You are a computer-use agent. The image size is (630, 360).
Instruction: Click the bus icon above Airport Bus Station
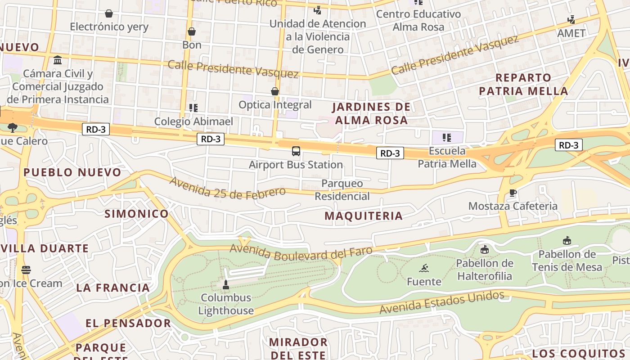(296, 151)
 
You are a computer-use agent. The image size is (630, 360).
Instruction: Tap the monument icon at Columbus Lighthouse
(226, 284)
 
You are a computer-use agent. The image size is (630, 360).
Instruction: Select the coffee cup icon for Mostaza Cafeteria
(513, 193)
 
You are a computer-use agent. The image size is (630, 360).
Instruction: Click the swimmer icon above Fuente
(424, 269)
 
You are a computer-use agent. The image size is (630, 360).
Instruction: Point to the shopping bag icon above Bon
(192, 31)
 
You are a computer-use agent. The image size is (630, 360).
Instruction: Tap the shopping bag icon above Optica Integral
(275, 92)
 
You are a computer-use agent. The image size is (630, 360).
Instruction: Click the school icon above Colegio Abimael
(193, 108)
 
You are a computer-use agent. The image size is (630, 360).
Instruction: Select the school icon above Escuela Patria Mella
(446, 137)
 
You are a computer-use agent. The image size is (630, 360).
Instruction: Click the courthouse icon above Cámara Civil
(58, 60)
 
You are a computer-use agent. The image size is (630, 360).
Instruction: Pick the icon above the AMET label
(571, 20)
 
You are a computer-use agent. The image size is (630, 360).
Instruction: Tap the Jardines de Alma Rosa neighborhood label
(371, 113)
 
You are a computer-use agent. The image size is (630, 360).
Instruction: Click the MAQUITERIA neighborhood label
(364, 216)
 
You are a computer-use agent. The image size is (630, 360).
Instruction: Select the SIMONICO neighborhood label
(137, 214)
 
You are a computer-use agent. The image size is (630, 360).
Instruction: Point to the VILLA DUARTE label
(45, 248)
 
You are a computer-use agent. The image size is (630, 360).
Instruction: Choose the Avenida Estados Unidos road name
(441, 303)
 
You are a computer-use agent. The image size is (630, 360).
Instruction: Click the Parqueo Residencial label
(342, 190)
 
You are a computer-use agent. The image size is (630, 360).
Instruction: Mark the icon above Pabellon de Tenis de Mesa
(567, 241)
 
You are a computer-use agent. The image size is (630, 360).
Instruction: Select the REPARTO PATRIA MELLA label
(523, 84)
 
